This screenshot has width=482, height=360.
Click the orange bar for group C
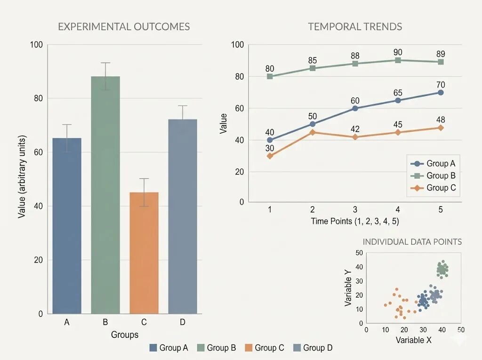click(x=144, y=253)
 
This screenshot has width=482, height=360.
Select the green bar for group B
click(x=105, y=195)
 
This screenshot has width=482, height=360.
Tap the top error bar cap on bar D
click(x=183, y=106)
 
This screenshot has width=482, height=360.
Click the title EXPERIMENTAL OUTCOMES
click(x=124, y=27)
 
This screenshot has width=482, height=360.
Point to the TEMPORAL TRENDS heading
click(x=355, y=27)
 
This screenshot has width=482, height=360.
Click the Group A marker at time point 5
click(x=441, y=93)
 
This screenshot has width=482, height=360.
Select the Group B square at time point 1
click(x=270, y=76)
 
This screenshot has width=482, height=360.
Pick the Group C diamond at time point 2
click(x=313, y=132)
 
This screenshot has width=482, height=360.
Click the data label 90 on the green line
click(x=398, y=52)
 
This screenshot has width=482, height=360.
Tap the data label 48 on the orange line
click(x=441, y=120)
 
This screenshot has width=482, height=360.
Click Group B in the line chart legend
click(x=441, y=176)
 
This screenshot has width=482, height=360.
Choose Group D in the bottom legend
click(x=318, y=348)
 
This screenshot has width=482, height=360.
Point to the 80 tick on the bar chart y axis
click(x=38, y=98)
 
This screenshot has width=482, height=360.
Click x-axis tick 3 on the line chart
click(x=355, y=210)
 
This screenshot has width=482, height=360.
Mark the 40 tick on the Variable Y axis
click(x=359, y=267)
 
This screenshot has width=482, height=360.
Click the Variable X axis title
click(x=413, y=340)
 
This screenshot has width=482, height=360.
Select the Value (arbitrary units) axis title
click(x=22, y=177)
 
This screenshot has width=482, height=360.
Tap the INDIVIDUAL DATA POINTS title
click(x=412, y=242)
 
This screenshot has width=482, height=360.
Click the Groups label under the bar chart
click(x=124, y=335)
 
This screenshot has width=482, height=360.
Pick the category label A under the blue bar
click(x=67, y=322)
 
